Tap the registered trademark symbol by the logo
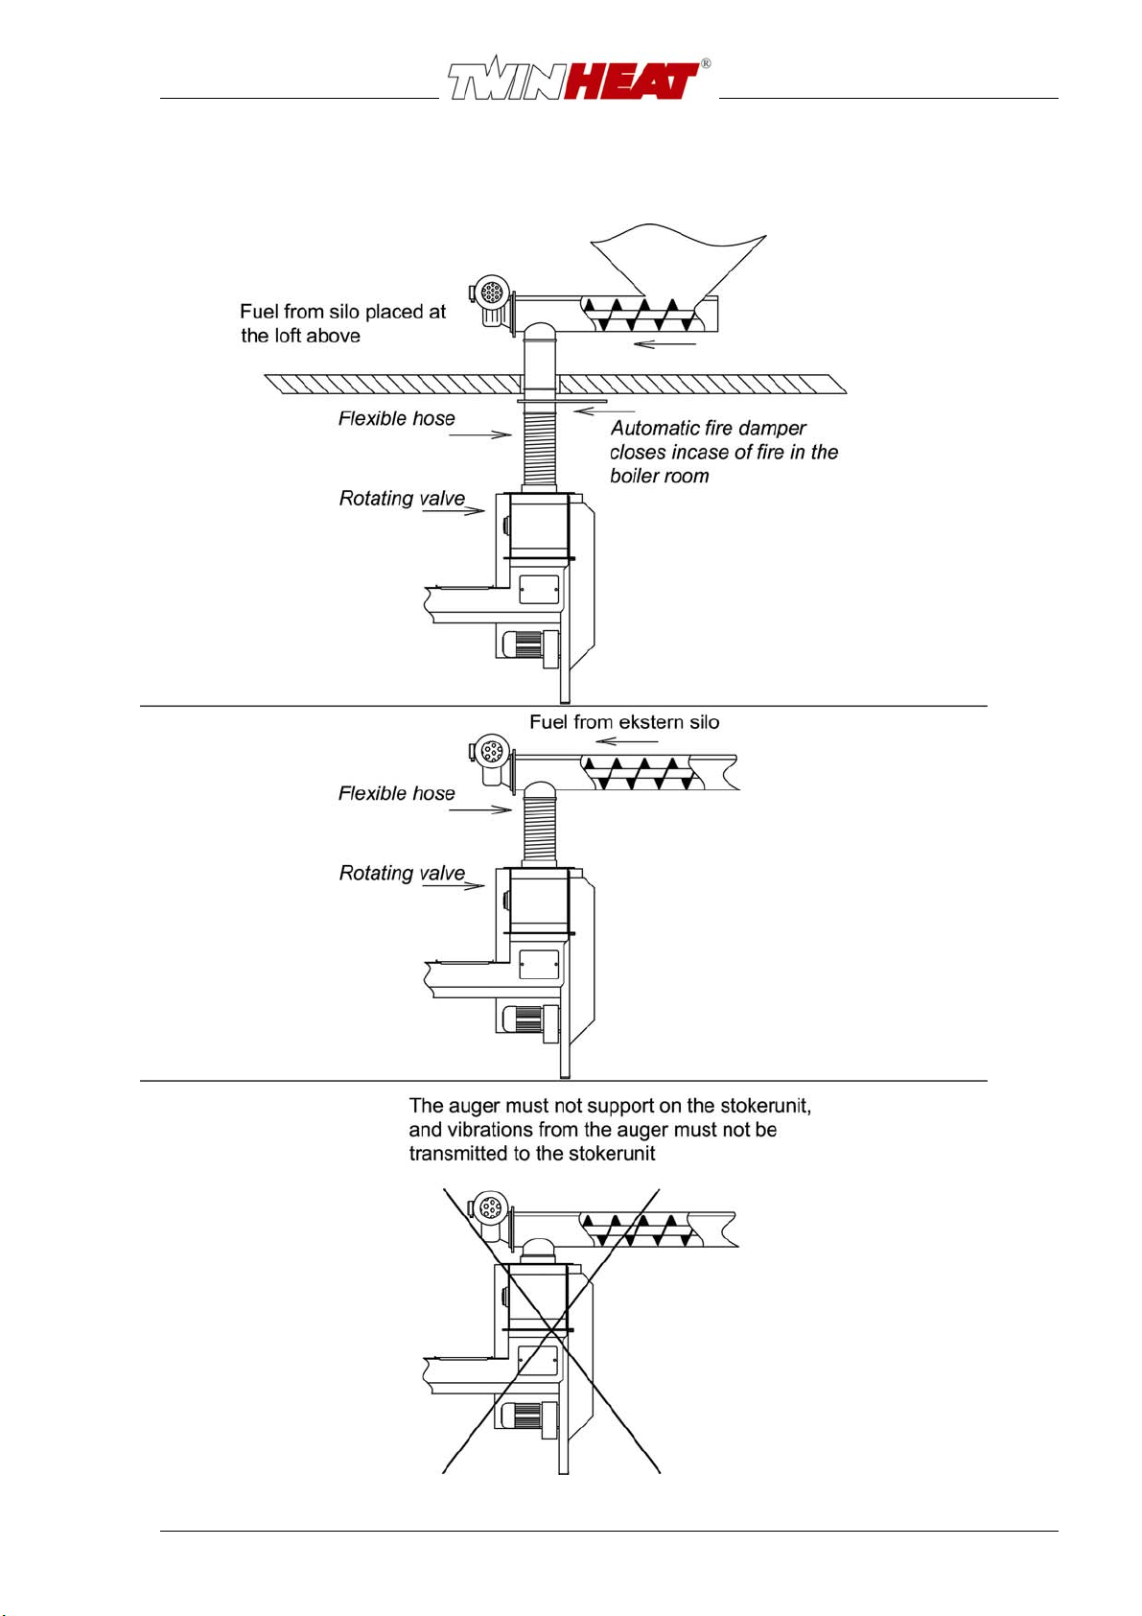[706, 63]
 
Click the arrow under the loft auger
[664, 344]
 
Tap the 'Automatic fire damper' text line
[709, 428]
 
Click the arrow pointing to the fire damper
[604, 411]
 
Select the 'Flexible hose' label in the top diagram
[397, 418]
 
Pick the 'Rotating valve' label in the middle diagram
[402, 873]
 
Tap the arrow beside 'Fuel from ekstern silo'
[627, 741]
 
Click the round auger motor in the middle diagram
[493, 751]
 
